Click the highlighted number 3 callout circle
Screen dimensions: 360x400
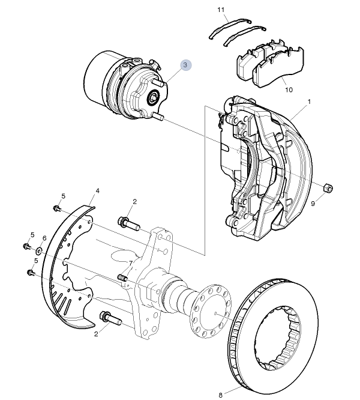coord(186,65)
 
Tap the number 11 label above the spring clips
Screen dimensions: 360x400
coord(221,10)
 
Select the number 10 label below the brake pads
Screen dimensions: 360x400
coord(289,90)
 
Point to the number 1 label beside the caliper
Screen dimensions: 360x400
coord(309,102)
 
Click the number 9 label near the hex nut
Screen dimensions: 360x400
coord(313,204)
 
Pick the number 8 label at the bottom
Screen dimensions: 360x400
coord(220,395)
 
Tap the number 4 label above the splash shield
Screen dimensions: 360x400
coord(98,191)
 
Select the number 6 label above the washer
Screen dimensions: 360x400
coord(44,238)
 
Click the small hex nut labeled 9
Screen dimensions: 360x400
coord(328,188)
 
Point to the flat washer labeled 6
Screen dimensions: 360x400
coord(39,251)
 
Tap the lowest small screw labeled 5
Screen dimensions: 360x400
coord(31,273)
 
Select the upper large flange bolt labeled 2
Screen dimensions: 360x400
coord(129,223)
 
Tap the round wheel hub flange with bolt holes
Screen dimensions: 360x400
coord(211,311)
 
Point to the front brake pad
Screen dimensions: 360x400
coord(278,68)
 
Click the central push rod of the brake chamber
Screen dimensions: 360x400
coord(153,97)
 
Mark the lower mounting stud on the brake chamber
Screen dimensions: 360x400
coord(158,117)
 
